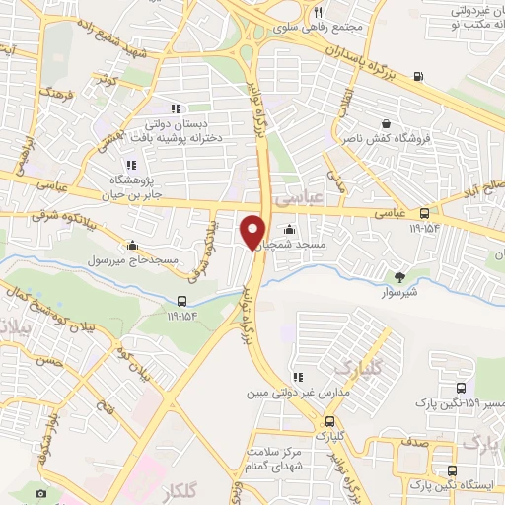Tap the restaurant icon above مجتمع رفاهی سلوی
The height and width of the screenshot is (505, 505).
[318, 13]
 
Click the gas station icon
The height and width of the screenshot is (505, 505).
[419, 76]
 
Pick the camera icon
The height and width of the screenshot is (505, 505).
[40, 493]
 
